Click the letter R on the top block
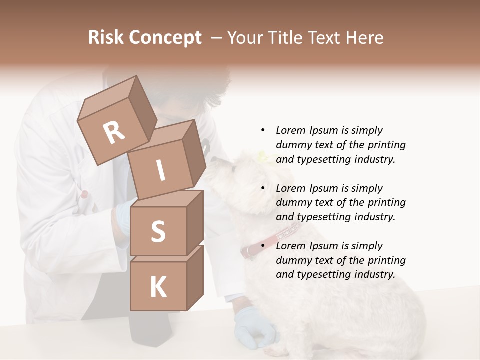(114, 132)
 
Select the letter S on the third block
(158, 232)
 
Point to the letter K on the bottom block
(158, 287)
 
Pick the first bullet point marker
(263, 130)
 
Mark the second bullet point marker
(263, 188)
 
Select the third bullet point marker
(263, 246)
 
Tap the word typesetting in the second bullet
(325, 217)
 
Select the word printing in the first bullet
(385, 145)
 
